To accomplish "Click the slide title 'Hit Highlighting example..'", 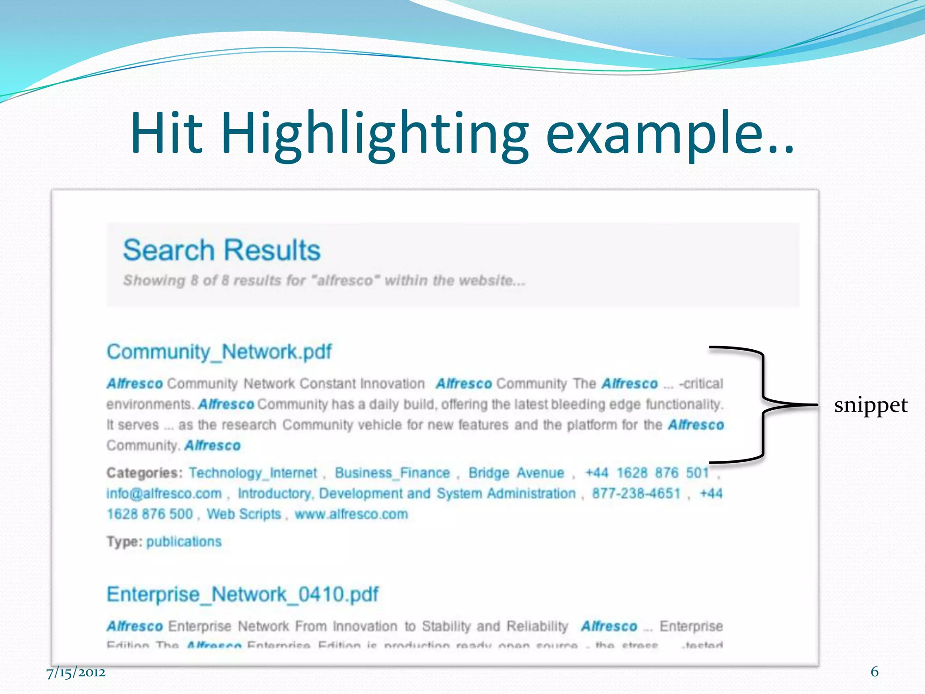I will [462, 134].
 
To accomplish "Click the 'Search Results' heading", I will [222, 250].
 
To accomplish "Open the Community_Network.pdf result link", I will [219, 352].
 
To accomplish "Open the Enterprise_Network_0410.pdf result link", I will [243, 594].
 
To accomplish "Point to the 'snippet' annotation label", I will [870, 405].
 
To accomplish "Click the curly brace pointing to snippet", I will [763, 405].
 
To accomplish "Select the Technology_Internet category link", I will [253, 473].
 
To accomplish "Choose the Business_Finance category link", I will [392, 473].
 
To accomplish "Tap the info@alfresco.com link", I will [164, 493].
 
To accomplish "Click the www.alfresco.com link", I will [351, 514].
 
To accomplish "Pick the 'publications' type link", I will [184, 542].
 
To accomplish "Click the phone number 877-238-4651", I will [636, 493].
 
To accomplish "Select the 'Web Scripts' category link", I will [244, 514].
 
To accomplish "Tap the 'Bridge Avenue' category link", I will [516, 473].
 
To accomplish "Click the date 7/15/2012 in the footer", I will [76, 673].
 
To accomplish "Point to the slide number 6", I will [874, 672].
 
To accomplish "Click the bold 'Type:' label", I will [124, 542].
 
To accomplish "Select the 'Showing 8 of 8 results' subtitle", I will [324, 281].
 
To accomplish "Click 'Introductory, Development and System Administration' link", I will [406, 493].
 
